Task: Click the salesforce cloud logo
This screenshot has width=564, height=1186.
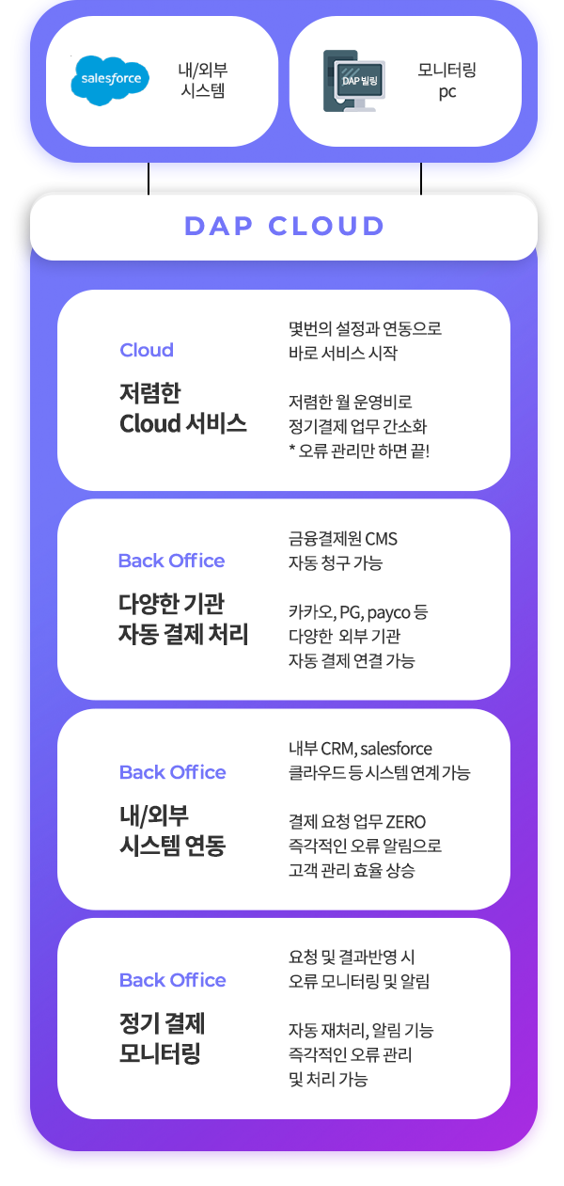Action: click(x=110, y=80)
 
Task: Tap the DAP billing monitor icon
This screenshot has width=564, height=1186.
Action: click(x=354, y=81)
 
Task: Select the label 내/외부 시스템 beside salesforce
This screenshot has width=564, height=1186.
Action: click(x=203, y=80)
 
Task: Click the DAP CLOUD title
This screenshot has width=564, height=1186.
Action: click(x=284, y=226)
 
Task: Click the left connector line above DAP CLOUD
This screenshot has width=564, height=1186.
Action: click(x=149, y=179)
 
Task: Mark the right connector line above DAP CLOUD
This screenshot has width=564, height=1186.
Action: click(x=421, y=179)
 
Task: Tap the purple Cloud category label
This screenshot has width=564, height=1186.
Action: click(x=147, y=350)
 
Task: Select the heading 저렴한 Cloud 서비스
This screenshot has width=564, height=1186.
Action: click(x=183, y=408)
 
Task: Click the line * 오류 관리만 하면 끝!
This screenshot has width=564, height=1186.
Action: click(x=359, y=451)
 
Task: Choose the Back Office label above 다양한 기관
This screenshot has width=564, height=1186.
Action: click(x=171, y=561)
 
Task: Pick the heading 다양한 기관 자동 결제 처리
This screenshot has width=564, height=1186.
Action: click(x=183, y=619)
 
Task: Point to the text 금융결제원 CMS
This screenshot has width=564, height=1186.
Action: click(x=343, y=539)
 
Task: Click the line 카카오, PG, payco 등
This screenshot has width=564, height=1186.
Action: click(x=358, y=612)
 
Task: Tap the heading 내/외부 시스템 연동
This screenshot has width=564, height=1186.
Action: click(x=172, y=830)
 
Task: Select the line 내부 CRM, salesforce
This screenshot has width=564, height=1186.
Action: click(x=360, y=749)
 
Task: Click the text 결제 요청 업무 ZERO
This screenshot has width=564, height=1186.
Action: click(x=357, y=822)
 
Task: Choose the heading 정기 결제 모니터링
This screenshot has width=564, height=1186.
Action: click(x=162, y=1037)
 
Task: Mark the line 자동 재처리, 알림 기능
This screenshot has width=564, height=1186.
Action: click(x=361, y=1030)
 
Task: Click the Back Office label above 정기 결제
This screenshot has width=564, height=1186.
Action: click(x=172, y=980)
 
